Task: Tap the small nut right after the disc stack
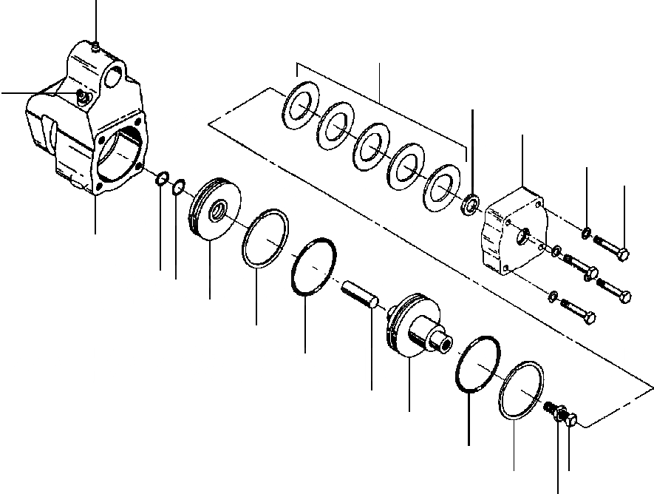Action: (x=469, y=203)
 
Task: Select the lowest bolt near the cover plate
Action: (x=579, y=311)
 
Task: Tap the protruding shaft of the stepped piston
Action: (x=438, y=339)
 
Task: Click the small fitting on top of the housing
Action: (x=97, y=47)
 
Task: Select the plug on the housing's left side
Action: (x=82, y=96)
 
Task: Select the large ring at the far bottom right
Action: (x=522, y=391)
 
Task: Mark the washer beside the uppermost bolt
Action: (x=585, y=234)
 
